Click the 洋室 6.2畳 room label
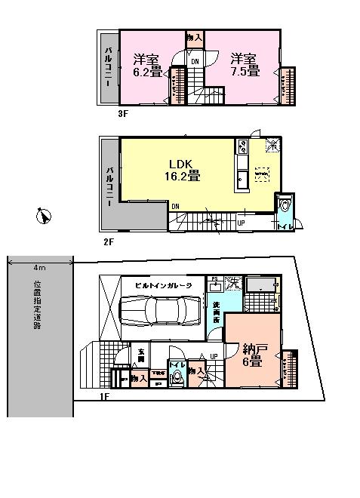click(149, 66)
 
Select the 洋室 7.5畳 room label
click(245, 65)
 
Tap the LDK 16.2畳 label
click(183, 170)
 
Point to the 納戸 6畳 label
click(252, 355)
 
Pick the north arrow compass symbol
click(44, 217)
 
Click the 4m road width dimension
click(40, 268)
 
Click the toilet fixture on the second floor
click(285, 204)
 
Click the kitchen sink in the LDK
click(242, 180)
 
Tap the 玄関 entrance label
click(141, 353)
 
